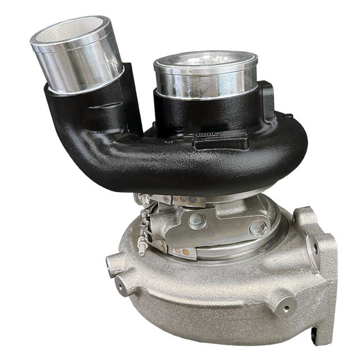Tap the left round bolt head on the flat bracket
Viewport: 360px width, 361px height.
click(197, 219)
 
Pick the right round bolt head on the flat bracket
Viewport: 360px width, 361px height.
click(257, 228)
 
